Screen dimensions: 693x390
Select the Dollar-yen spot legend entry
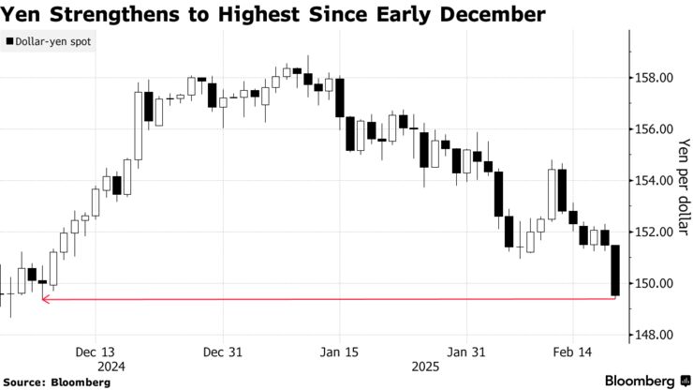pyautogui.click(x=48, y=41)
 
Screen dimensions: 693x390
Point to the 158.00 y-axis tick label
pyautogui.click(x=654, y=78)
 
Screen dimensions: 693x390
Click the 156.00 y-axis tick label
pyautogui.click(x=654, y=129)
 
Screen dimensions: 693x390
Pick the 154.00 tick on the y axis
pyautogui.click(x=654, y=181)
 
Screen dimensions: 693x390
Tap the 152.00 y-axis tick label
pyautogui.click(x=654, y=232)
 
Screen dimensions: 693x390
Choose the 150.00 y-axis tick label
pyautogui.click(x=654, y=283)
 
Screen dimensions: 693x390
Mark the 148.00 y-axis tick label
pyautogui.click(x=654, y=335)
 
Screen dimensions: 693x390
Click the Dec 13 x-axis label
pyautogui.click(x=95, y=352)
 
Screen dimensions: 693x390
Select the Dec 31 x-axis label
pyautogui.click(x=223, y=352)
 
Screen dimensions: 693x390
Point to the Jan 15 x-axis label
pyautogui.click(x=339, y=352)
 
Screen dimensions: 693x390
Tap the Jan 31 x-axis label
pyautogui.click(x=466, y=352)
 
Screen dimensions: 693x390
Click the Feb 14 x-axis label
pyautogui.click(x=572, y=352)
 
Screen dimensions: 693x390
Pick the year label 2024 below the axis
pyautogui.click(x=111, y=367)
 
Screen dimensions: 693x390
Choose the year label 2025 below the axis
pyautogui.click(x=425, y=367)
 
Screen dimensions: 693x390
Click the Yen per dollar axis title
pyautogui.click(x=684, y=187)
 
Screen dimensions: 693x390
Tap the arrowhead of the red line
pyautogui.click(x=43, y=300)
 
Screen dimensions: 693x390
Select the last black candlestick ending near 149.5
pyautogui.click(x=615, y=270)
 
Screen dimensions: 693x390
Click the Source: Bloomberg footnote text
pyautogui.click(x=57, y=382)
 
